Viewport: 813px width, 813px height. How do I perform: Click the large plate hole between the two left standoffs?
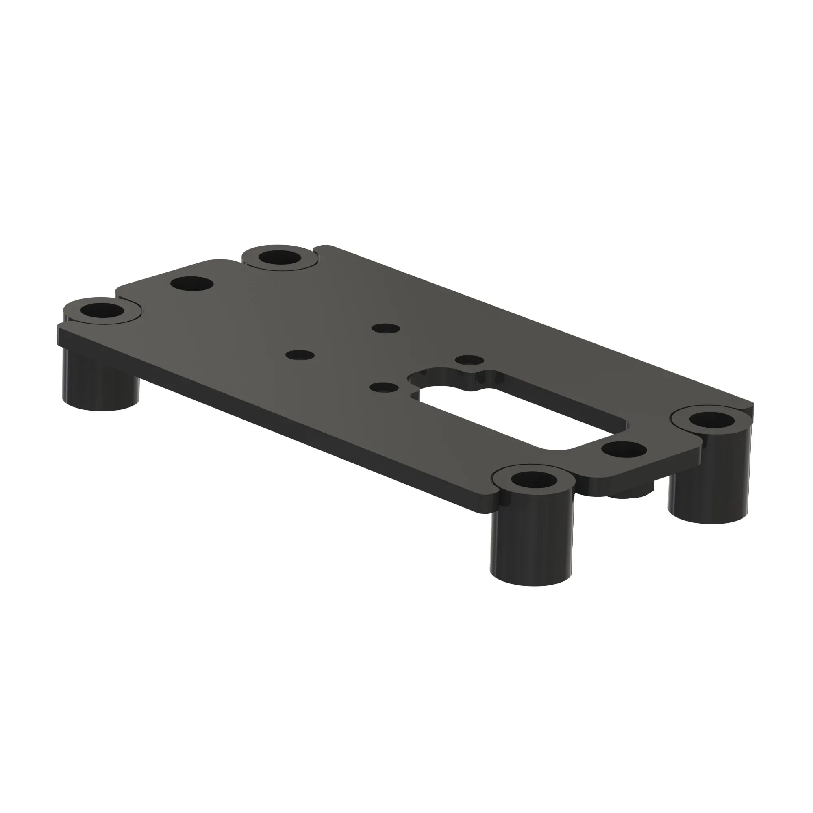coord(192,283)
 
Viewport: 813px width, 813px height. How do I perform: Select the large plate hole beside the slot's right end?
coord(624,450)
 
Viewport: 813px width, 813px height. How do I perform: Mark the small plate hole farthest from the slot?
coord(300,355)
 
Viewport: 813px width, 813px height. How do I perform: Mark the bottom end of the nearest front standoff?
coord(531,583)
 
